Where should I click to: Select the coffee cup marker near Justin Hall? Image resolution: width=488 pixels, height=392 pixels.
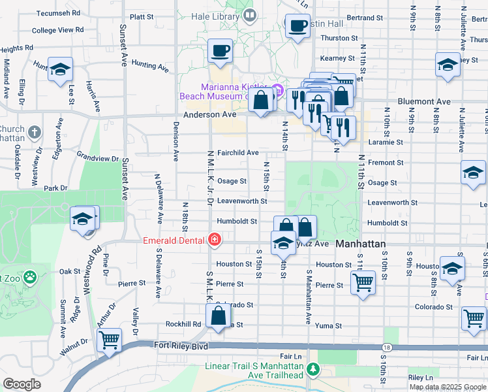pos(297,27)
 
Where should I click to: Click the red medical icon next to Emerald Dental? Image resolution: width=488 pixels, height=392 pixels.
pos(213,240)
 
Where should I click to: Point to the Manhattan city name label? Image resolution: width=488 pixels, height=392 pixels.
pos(361,244)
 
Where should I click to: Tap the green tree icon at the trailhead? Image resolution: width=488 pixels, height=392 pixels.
pos(313,370)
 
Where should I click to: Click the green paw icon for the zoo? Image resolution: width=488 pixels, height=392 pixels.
pos(29,277)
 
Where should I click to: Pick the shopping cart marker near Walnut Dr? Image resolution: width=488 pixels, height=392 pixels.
pos(109,339)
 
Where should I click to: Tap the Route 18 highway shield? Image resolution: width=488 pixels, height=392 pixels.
pos(387,348)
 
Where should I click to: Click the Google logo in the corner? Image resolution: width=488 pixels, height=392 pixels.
pos(22,384)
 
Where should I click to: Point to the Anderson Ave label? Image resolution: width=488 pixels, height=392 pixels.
pos(209,114)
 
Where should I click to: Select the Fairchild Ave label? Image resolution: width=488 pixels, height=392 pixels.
pos(238,152)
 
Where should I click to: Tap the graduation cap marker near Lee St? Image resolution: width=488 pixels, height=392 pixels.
pos(60,69)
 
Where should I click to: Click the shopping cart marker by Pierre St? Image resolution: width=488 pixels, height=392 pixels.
pos(363,283)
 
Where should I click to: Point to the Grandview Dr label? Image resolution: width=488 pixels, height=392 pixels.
pos(98,157)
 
